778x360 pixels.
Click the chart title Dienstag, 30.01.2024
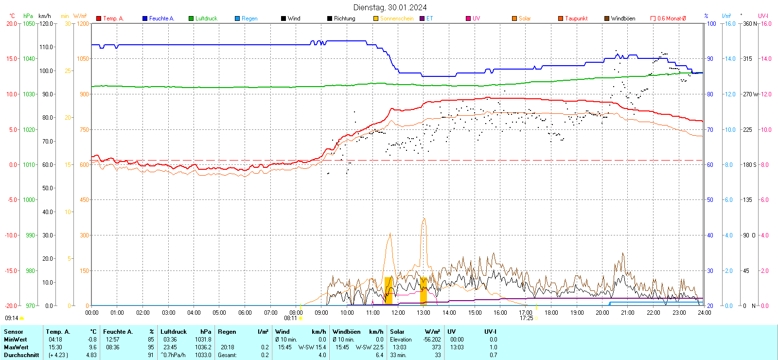coord(390,7)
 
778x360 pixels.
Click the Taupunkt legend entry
coord(576,18)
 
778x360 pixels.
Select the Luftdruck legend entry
coord(206,18)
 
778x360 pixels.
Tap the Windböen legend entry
coord(622,18)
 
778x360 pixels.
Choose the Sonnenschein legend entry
coord(396,18)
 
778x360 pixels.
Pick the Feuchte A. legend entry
coord(161,18)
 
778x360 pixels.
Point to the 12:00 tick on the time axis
coord(398,313)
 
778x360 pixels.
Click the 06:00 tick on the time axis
coord(245,313)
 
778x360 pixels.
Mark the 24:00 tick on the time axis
coord(704,313)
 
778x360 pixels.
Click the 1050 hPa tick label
coord(29,23)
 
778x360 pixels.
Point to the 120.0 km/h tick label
coord(46,23)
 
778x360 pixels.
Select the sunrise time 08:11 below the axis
coord(290,318)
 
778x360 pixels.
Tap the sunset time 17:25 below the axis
coord(526,318)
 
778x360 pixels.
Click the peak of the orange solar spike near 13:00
coord(424,218)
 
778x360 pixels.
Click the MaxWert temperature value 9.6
coord(92,347)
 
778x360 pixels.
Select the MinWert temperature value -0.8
coord(92,340)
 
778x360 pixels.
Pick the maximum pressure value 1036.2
coord(203,347)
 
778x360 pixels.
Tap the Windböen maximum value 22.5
coord(378,347)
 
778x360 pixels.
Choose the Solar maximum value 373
coord(436,347)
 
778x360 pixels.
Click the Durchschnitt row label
coord(21,355)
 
